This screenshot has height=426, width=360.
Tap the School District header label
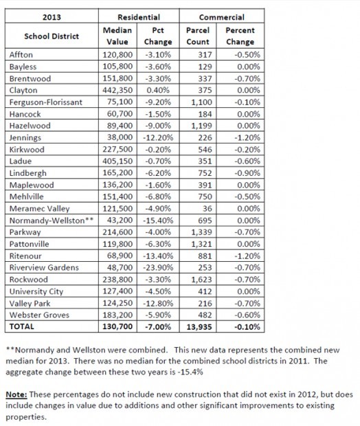coord(51,36)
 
